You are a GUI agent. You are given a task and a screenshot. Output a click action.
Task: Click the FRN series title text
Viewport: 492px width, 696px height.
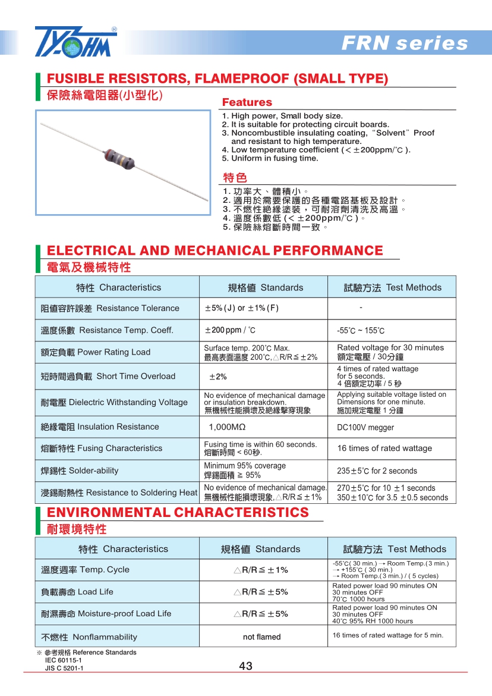405,43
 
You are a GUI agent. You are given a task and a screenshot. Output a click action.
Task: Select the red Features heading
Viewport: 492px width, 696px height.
247,102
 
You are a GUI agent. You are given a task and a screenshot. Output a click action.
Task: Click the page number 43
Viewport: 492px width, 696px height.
245,666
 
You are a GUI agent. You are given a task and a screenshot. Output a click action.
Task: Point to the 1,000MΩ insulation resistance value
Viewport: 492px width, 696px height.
227,427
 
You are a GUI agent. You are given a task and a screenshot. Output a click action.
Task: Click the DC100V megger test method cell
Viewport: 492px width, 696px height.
365,427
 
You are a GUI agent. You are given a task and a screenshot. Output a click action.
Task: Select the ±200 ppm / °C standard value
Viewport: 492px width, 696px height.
230,330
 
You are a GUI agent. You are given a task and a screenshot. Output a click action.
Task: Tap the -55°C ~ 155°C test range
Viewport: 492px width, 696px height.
361,331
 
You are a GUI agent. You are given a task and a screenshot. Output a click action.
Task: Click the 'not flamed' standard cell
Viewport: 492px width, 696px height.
261,637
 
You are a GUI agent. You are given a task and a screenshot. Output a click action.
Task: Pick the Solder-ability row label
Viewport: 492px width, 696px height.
80,471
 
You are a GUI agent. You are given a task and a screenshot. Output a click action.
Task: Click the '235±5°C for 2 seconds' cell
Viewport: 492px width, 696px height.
377,471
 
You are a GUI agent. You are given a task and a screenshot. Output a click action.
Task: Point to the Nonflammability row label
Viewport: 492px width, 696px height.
89,637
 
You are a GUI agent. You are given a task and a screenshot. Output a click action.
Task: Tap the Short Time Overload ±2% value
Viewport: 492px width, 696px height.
217,377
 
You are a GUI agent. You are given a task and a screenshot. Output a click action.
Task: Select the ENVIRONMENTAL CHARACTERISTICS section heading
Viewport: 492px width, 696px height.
178,513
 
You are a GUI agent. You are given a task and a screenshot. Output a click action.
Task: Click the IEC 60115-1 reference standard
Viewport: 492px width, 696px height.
64,660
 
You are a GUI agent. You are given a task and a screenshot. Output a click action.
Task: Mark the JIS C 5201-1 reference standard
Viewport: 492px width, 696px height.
64,668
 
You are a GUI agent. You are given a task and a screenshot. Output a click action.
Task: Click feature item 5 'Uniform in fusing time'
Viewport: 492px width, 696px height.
270,158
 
